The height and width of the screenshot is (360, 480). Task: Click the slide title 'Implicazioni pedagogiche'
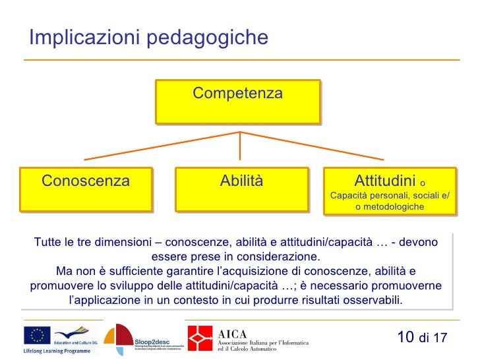pyautogui.click(x=148, y=38)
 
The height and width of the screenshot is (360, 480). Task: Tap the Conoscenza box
pyautogui.click(x=86, y=190)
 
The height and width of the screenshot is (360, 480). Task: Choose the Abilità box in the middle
pyautogui.click(x=241, y=190)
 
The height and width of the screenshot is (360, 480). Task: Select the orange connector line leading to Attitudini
pyautogui.click(x=313, y=146)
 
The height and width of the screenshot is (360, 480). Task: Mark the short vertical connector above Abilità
pyautogui.click(x=240, y=145)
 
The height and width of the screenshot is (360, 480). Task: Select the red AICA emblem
pyautogui.click(x=200, y=338)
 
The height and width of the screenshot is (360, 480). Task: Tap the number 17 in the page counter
pyautogui.click(x=440, y=338)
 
